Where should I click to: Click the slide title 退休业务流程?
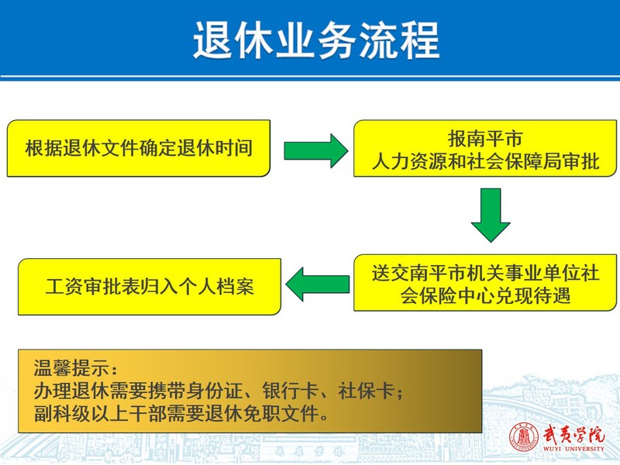point(316,40)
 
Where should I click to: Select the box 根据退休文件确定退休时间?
point(139,148)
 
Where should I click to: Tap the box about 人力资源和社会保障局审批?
point(485,148)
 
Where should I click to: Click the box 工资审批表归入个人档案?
point(150,287)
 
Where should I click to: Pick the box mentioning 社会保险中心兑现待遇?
point(485,283)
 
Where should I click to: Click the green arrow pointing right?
point(316,150)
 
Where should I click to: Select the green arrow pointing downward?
point(491,215)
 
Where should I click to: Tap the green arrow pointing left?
point(318,284)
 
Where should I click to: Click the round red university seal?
point(524,437)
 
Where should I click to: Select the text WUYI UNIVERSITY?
point(573,449)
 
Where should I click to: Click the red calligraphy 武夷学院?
point(573,435)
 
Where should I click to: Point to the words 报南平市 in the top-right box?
point(485,139)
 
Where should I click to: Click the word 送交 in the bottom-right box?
point(390,273)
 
